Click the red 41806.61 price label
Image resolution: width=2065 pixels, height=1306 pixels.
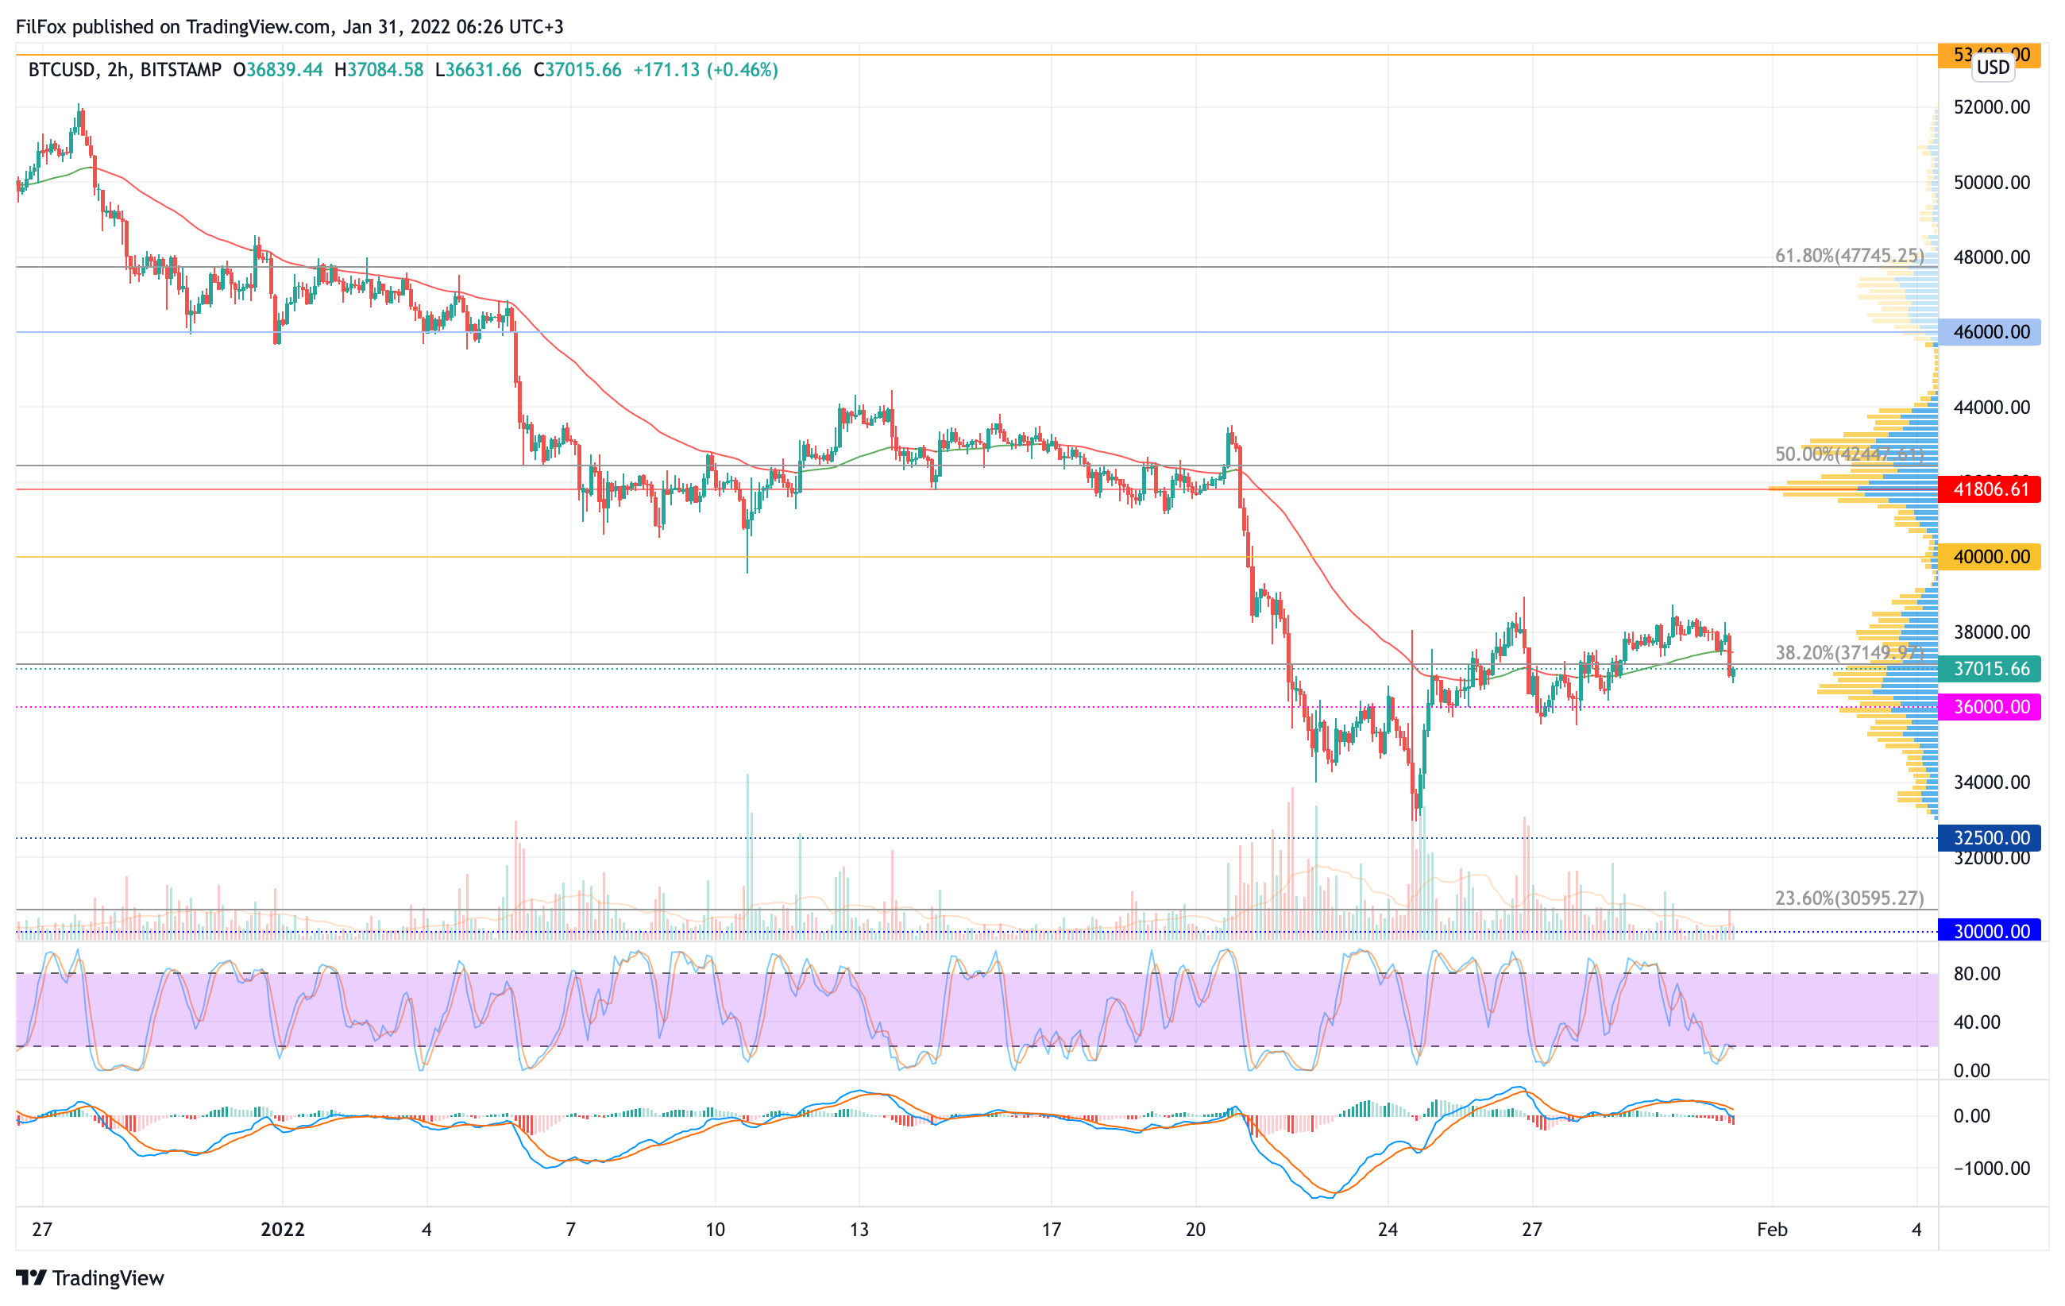click(1990, 489)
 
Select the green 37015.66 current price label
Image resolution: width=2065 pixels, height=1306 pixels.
click(1990, 669)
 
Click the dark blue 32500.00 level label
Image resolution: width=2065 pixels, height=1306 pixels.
click(1990, 838)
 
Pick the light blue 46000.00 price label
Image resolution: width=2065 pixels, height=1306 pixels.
click(1990, 332)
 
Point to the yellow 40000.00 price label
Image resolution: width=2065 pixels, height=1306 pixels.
click(1990, 558)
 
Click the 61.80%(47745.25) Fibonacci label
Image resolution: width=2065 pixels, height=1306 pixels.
click(1849, 256)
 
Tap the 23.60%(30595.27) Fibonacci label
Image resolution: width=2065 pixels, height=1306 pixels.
click(1849, 898)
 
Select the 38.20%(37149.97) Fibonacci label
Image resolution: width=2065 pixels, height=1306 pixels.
click(1849, 652)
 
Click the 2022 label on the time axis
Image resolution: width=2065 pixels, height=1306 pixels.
click(282, 1230)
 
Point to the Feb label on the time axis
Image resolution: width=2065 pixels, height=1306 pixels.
click(1772, 1230)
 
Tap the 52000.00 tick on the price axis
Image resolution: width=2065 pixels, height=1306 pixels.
click(1991, 107)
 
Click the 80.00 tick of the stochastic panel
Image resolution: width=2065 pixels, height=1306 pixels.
click(1977, 973)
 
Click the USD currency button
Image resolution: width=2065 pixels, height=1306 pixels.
click(1993, 67)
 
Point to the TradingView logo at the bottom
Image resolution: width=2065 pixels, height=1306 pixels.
click(90, 1277)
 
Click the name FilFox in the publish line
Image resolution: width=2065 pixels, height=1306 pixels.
click(41, 26)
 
